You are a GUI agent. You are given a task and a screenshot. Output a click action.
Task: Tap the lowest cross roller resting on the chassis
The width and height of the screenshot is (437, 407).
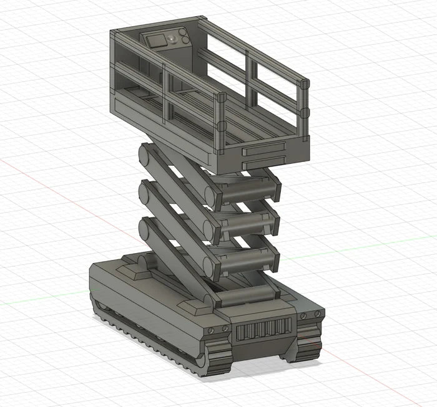(248, 293)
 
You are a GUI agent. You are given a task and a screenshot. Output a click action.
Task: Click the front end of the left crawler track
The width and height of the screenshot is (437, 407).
(215, 360)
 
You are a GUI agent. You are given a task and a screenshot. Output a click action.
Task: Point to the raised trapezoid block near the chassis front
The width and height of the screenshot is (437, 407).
(197, 307)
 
